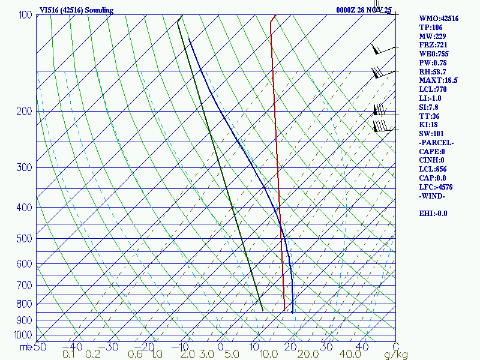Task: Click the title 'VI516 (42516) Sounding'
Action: point(76,10)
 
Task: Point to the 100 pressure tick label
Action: point(25,15)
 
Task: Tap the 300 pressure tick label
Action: point(25,167)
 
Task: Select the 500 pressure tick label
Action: point(25,239)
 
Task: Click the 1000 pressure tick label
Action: point(23,335)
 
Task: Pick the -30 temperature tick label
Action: point(112,347)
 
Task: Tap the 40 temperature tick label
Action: point(362,347)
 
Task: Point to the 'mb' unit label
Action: point(25,347)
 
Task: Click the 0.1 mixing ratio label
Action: point(69,355)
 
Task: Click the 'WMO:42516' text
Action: point(439,19)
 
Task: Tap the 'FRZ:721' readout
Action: point(433,45)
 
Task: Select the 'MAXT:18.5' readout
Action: point(439,80)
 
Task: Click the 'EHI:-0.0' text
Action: point(433,214)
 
